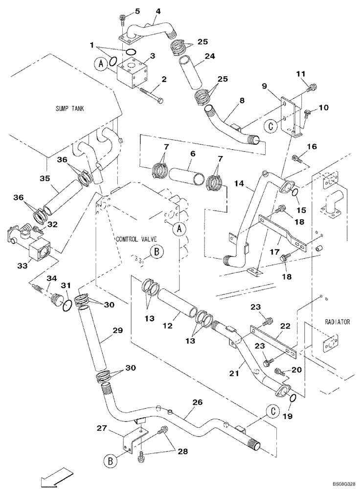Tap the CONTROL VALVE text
point(135,240)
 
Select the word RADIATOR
point(337,322)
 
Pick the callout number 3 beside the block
point(153,56)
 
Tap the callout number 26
point(197,403)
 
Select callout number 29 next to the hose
point(117,331)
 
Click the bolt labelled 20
point(280,372)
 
